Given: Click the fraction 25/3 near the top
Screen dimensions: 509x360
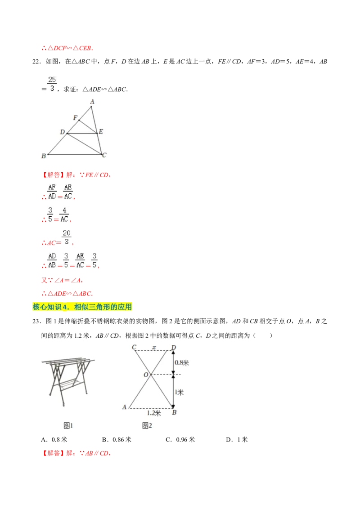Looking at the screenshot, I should (x=52, y=83).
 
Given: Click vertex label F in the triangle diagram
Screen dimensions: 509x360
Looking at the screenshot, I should (x=75, y=118).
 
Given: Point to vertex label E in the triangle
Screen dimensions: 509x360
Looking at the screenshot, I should (x=101, y=132).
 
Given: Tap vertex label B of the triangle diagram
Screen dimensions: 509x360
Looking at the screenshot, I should (x=43, y=156).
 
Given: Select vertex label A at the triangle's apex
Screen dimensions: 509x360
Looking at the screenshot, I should (x=92, y=102).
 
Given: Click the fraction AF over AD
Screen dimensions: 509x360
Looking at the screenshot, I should (x=52, y=192).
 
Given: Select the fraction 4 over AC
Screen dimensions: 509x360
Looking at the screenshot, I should (x=65, y=214).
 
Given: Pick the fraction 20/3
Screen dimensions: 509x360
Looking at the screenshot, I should (x=67, y=237).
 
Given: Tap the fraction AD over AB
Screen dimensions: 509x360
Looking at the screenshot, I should (x=52, y=260).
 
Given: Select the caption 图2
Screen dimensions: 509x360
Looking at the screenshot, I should (x=147, y=425).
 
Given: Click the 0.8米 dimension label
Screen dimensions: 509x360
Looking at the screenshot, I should (x=181, y=362).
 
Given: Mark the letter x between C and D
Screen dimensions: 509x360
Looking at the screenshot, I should (x=154, y=347).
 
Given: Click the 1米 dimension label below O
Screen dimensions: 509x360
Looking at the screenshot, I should (x=179, y=392).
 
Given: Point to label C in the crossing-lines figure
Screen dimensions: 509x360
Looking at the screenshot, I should (x=134, y=347).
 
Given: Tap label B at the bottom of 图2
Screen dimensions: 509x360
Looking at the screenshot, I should (x=174, y=412).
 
